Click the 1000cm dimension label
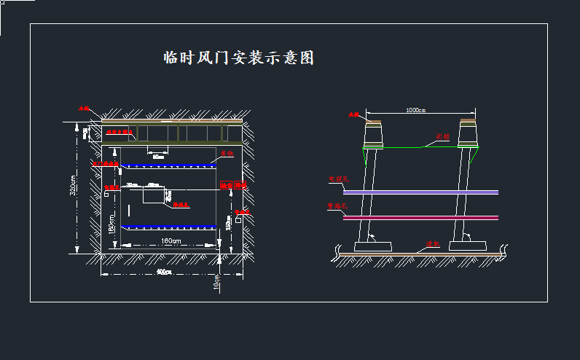[x=416, y=110]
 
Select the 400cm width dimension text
[x=165, y=273]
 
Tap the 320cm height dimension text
[x=72, y=187]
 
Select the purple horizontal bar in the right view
[x=420, y=192]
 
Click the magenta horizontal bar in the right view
[x=420, y=217]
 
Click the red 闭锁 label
[x=442, y=137]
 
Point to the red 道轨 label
[x=432, y=245]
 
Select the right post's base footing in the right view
[x=466, y=246]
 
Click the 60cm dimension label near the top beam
[x=158, y=156]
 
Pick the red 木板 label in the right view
[x=353, y=115]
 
